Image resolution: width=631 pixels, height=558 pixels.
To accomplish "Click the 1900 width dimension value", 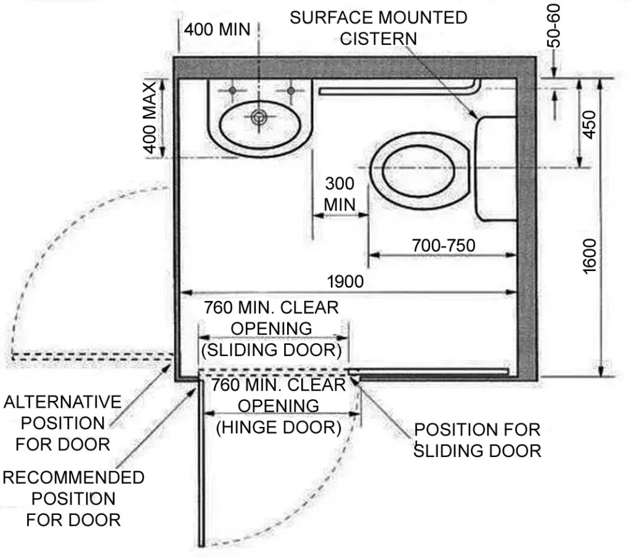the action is (345, 281).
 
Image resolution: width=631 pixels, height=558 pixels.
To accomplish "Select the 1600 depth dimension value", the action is (589, 256).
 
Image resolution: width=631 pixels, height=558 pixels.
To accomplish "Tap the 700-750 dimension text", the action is (444, 246).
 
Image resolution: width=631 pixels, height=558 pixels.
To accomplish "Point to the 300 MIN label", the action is (340, 193).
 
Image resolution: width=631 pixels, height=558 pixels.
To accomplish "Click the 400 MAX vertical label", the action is (150, 118).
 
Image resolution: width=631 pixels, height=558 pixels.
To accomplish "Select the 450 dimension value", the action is (589, 124).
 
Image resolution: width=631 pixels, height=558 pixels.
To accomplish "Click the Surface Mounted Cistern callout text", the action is (378, 28).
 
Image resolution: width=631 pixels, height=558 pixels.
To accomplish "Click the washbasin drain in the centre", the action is (259, 115).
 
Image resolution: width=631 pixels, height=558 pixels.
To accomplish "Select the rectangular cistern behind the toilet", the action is (496, 168).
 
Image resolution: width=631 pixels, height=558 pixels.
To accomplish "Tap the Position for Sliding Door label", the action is (477, 440).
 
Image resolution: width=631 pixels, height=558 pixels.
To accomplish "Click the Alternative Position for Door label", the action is (62, 423).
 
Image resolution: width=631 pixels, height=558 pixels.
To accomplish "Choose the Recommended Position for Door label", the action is (73, 498).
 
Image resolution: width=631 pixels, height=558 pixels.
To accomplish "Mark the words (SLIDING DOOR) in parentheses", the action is (271, 350).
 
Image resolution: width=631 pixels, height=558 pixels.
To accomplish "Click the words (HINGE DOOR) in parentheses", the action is (279, 427).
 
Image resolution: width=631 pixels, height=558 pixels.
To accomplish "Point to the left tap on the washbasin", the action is (232, 91).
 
